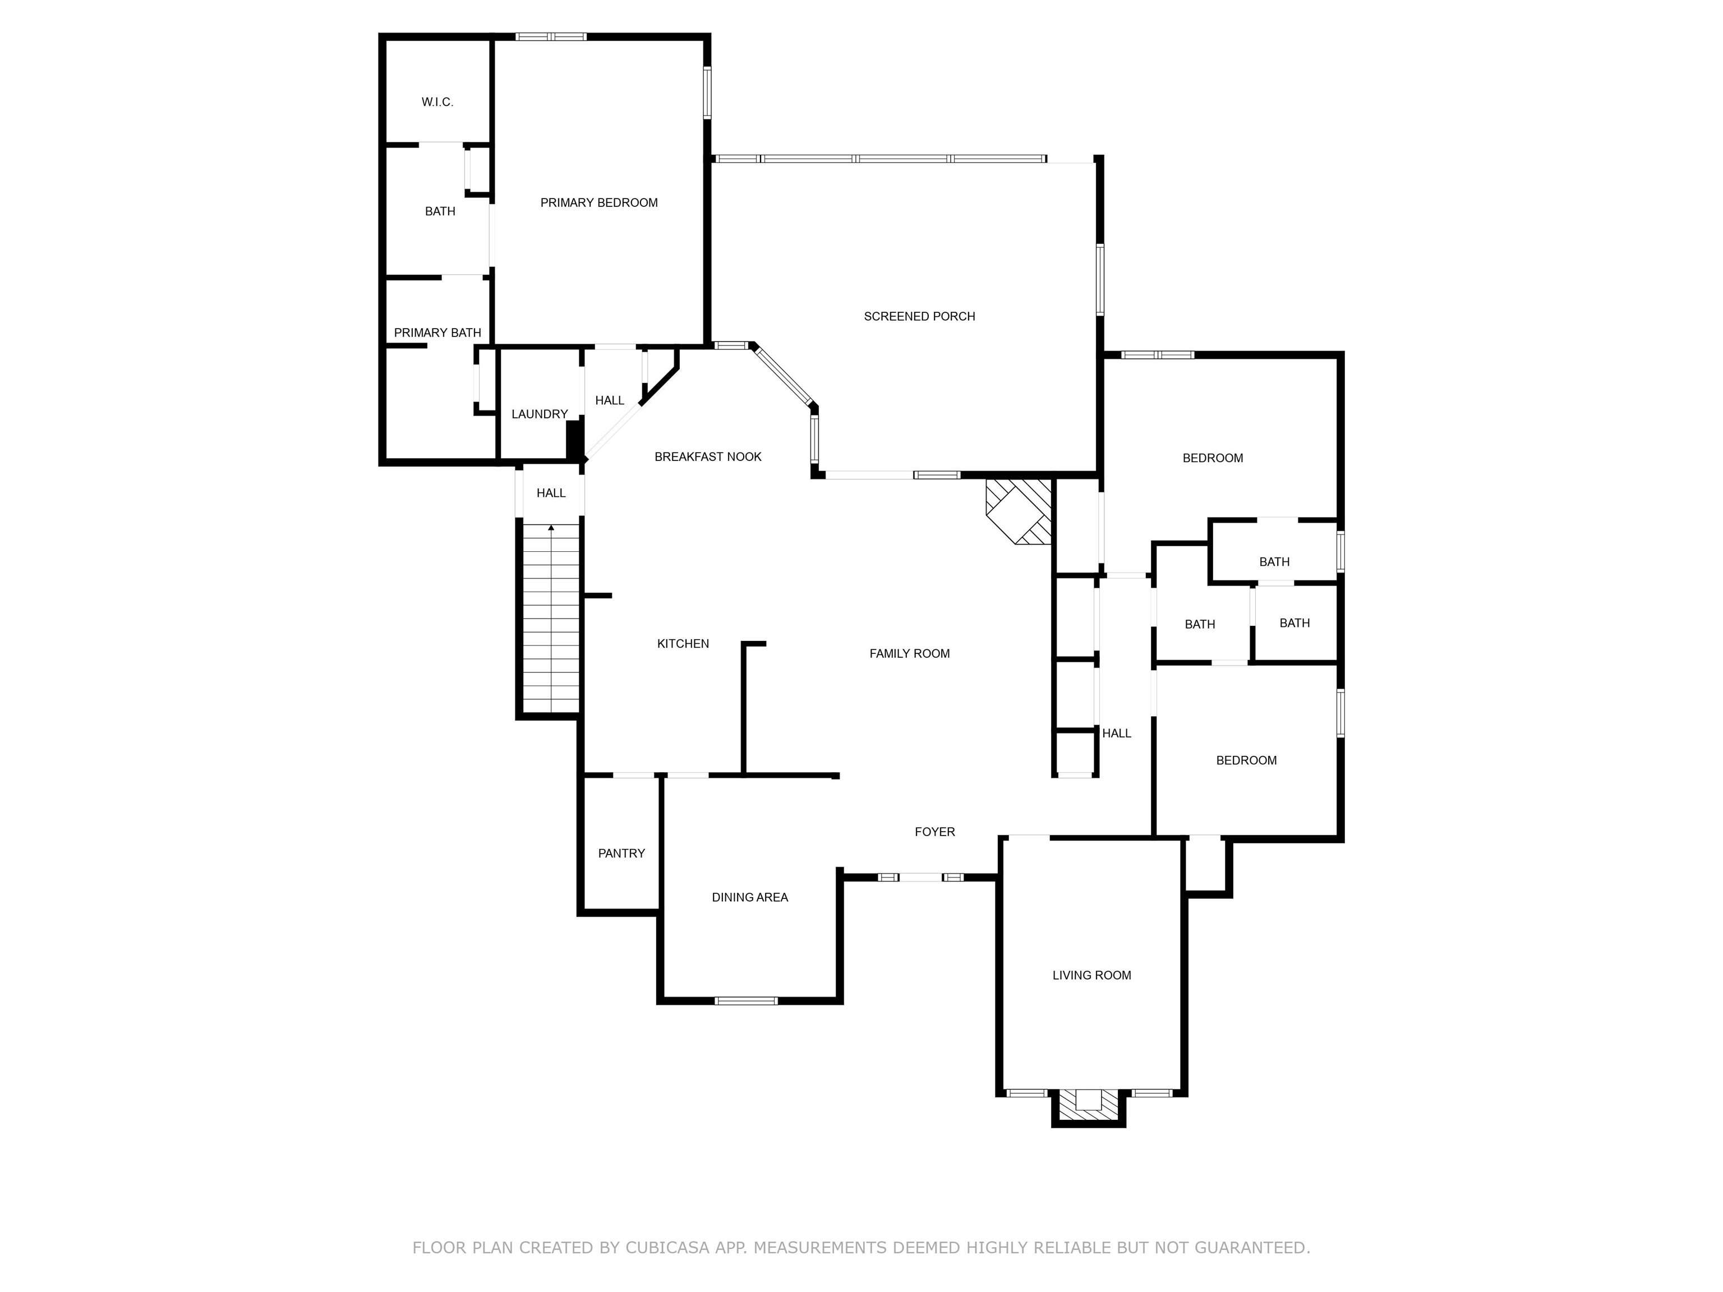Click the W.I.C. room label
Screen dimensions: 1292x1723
tap(437, 102)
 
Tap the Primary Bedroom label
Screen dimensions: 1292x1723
tap(598, 202)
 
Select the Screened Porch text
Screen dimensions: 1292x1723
tap(919, 316)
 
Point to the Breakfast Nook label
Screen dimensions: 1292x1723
tap(707, 456)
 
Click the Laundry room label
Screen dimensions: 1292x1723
tap(539, 414)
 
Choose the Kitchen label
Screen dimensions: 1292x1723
tap(683, 643)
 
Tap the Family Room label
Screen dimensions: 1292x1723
tap(909, 653)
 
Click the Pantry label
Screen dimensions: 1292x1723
tap(621, 853)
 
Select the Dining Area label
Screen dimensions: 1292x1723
tap(749, 897)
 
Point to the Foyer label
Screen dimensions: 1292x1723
tap(934, 832)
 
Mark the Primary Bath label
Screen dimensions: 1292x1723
tap(437, 333)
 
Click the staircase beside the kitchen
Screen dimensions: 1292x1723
tap(551, 623)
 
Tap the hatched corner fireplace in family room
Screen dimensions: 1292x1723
tap(1019, 511)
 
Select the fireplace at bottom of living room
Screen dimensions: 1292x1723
tap(1088, 1105)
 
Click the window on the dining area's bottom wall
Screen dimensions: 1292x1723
tap(745, 1001)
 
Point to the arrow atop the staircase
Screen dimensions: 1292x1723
tap(551, 528)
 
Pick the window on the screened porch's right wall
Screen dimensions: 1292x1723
tap(1100, 280)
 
